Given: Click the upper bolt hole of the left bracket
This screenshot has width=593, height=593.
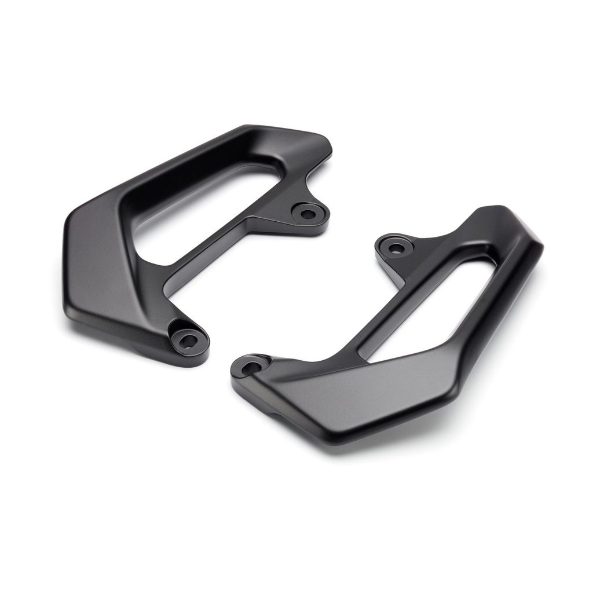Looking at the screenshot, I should [309, 214].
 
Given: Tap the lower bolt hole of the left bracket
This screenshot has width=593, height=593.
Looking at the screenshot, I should [188, 340].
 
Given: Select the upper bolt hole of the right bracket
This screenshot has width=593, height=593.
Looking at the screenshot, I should [396, 248].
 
